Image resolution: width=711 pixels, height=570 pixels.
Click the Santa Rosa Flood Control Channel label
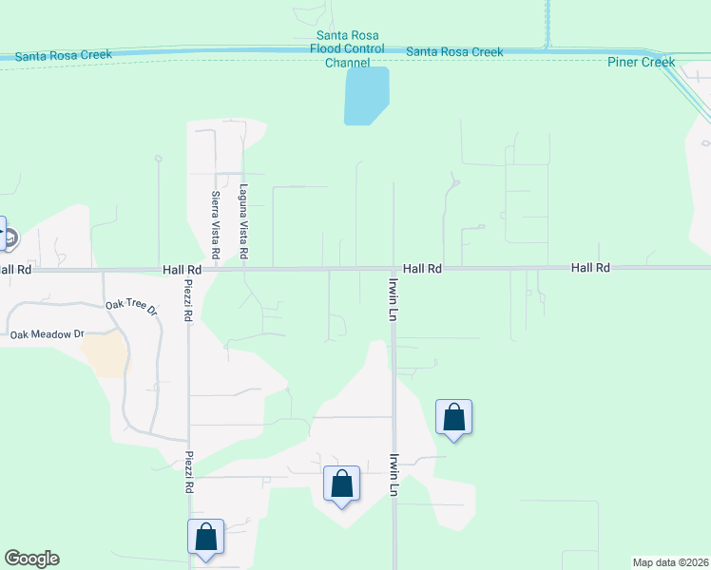pos(344,48)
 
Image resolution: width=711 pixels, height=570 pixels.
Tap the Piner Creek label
pos(641,63)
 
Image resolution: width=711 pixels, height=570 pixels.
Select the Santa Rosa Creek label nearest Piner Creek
pos(454,52)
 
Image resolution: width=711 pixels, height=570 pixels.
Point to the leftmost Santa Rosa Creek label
pos(64,55)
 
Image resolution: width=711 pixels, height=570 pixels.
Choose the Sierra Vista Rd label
pos(216,225)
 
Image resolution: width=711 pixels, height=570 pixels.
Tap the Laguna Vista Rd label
pos(243,222)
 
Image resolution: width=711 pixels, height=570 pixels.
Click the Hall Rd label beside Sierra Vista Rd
pos(182,270)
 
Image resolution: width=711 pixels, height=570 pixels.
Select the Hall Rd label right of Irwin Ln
pos(422,269)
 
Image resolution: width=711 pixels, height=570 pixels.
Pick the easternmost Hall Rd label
pos(590,269)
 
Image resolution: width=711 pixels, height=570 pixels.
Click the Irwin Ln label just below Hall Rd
pos(392,298)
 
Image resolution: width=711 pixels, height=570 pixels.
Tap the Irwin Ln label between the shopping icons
pos(392,474)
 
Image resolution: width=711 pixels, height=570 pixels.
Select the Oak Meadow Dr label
pos(48,334)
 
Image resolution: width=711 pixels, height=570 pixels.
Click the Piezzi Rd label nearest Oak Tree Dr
pos(188,306)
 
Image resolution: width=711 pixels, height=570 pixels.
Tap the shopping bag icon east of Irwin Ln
pos(454,417)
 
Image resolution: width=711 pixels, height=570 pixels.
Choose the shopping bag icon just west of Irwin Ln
pos(341,484)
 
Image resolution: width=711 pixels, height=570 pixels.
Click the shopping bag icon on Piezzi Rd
pos(205,537)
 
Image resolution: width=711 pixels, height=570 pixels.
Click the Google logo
pos(31,559)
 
